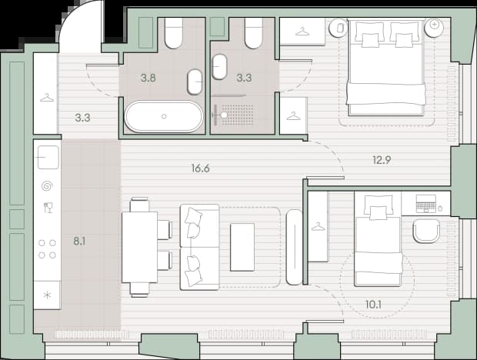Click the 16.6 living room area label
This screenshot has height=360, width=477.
pyautogui.click(x=201, y=168)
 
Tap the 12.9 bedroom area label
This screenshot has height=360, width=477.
pyautogui.click(x=382, y=160)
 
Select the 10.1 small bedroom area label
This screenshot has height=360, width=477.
pyautogui.click(x=373, y=305)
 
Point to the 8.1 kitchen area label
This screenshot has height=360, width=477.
pyautogui.click(x=79, y=242)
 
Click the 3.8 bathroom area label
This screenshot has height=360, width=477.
pyautogui.click(x=148, y=78)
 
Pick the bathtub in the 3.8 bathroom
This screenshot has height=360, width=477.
pyautogui.click(x=164, y=117)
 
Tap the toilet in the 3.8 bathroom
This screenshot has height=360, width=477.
pyautogui.click(x=174, y=33)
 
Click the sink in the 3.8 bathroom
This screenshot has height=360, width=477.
pyautogui.click(x=195, y=82)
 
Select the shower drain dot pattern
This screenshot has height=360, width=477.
pyautogui.click(x=237, y=115)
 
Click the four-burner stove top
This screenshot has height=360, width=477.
pyautogui.click(x=47, y=249)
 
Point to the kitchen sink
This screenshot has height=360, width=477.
pyautogui.click(x=48, y=157)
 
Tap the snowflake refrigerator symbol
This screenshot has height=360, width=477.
pyautogui.click(x=47, y=295)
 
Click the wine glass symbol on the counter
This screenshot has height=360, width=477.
pyautogui.click(x=48, y=208)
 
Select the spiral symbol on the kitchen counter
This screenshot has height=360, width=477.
pyautogui.click(x=47, y=186)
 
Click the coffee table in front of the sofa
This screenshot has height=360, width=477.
pyautogui.click(x=242, y=247)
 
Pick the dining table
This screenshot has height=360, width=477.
pyautogui.click(x=139, y=247)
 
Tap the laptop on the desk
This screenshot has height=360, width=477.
pyautogui.click(x=426, y=203)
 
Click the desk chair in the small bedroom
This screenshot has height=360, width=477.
pyautogui.click(x=426, y=231)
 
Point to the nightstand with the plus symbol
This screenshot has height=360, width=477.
pyautogui.click(x=435, y=28)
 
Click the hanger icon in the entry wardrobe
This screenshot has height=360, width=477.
pyautogui.click(x=47, y=98)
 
